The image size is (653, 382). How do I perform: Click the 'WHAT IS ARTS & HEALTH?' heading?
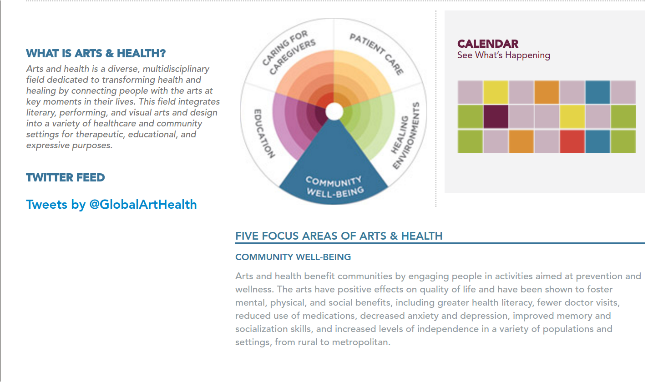pos(96,54)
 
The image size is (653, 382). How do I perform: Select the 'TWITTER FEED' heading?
pos(66,178)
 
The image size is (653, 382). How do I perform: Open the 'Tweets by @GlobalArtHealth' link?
pos(111,204)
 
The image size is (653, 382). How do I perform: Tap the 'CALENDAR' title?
pos(488,44)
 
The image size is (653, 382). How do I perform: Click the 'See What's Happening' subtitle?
pos(503,55)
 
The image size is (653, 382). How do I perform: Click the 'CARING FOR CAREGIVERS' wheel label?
pos(289,52)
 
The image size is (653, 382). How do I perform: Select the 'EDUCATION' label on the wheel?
pos(264,133)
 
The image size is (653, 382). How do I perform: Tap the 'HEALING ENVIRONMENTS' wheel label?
pos(406,136)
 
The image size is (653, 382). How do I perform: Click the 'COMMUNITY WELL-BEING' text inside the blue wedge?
pos(334,186)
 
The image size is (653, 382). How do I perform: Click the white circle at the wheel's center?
pos(334,111)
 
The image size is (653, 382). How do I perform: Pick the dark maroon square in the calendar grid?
pos(496,117)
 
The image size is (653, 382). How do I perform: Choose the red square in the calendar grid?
pos(572,141)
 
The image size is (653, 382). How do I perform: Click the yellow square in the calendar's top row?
pos(496,92)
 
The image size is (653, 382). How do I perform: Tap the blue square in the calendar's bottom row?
pos(597,141)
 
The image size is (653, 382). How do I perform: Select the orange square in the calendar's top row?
pos(547,92)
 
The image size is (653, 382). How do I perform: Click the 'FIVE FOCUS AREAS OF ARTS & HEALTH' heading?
pos(339,236)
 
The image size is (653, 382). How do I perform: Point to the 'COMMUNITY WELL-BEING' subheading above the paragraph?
pos(293,257)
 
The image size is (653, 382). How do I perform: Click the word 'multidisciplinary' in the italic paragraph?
pos(176,69)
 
